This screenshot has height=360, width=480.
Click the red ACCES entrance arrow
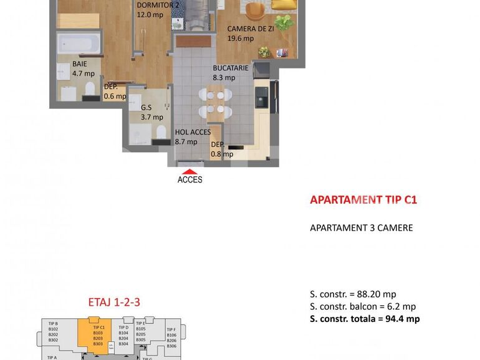click(190, 171)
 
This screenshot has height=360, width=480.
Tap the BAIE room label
click(79, 64)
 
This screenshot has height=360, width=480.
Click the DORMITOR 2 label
click(158, 5)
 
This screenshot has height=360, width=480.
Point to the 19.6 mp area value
click(241, 39)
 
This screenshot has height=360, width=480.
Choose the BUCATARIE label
click(230, 68)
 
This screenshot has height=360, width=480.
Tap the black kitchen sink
click(261, 97)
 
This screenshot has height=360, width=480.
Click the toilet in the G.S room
click(160, 132)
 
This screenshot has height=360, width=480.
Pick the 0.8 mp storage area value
click(221, 154)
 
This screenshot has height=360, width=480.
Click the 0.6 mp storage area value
click(115, 96)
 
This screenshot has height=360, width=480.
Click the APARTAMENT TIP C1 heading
click(363, 200)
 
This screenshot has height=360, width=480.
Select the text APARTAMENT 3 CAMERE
click(361, 228)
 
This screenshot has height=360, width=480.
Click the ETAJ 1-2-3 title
click(113, 303)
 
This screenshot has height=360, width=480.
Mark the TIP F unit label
click(171, 329)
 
